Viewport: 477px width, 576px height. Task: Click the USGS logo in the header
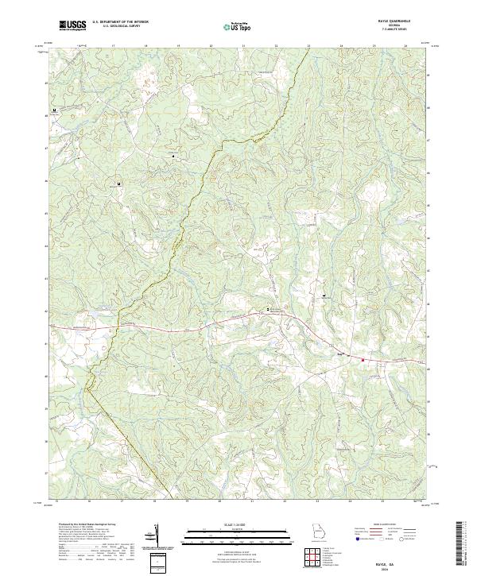(72, 25)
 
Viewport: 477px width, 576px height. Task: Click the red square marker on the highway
(363, 360)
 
